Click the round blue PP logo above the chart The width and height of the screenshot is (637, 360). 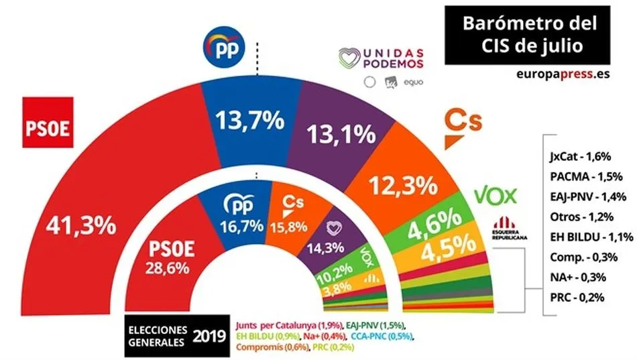(224, 48)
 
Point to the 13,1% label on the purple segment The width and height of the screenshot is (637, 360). (341, 134)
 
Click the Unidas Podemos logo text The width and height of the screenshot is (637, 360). (394, 58)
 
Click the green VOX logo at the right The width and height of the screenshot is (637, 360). (496, 195)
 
